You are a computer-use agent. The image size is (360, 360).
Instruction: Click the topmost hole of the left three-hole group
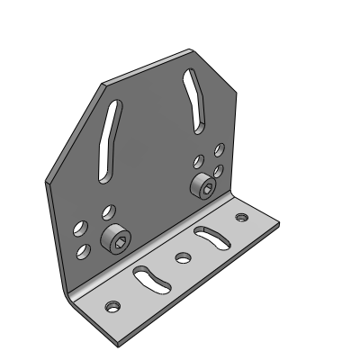108,211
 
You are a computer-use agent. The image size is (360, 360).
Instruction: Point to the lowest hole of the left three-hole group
84,248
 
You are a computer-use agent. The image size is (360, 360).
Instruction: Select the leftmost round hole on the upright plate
80,228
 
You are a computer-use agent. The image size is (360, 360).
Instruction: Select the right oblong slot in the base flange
211,238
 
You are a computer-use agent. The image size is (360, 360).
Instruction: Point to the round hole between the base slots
183,258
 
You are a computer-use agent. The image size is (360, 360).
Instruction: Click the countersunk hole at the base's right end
240,217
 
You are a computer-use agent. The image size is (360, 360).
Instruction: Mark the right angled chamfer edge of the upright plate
216,69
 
